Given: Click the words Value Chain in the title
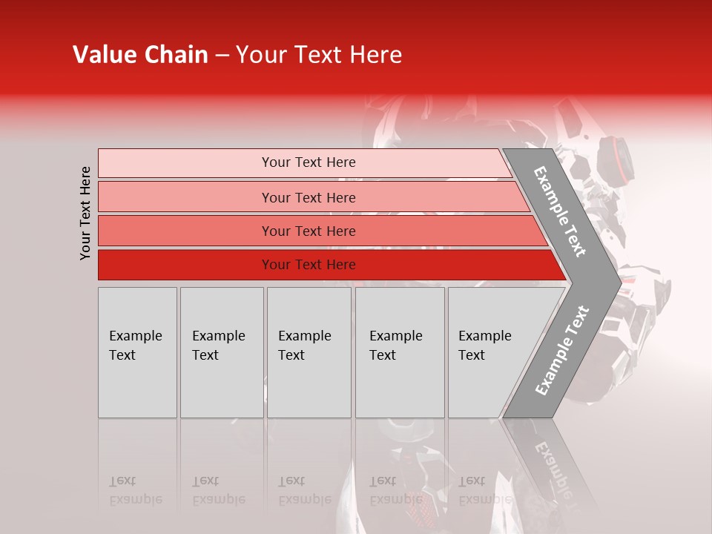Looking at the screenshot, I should click(x=140, y=55).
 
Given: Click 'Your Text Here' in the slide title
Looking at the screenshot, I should click(x=319, y=55).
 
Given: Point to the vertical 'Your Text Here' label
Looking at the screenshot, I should click(x=85, y=213).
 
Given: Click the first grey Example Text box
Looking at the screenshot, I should click(x=137, y=352).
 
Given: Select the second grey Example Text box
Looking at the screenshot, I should click(x=221, y=352).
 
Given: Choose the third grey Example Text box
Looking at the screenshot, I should click(x=309, y=352).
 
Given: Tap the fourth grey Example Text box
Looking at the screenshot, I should click(x=399, y=352).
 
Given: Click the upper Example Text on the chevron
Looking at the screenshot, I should click(x=560, y=211).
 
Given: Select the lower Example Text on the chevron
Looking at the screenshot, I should click(x=561, y=351).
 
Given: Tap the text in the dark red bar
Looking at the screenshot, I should click(x=309, y=265).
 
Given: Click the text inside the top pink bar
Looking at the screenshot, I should click(x=309, y=162).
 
